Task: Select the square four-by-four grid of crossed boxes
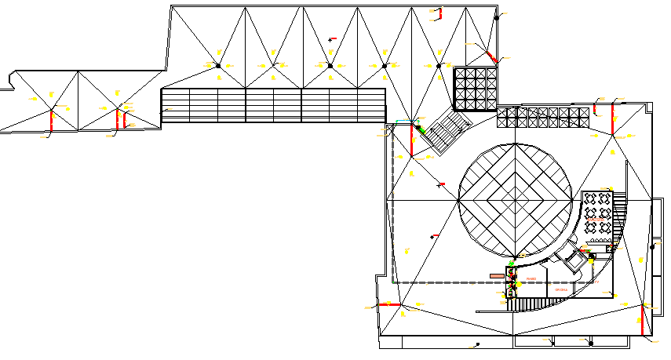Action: point(476,88)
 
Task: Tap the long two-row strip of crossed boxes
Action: point(542,118)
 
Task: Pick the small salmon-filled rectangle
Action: point(497,276)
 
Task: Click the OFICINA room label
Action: point(560,290)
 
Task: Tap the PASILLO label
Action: point(531,278)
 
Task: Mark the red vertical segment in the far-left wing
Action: point(52,120)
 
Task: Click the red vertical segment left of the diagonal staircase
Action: point(412,140)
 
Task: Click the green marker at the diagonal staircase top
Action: point(419,128)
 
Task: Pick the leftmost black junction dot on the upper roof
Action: point(220,65)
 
